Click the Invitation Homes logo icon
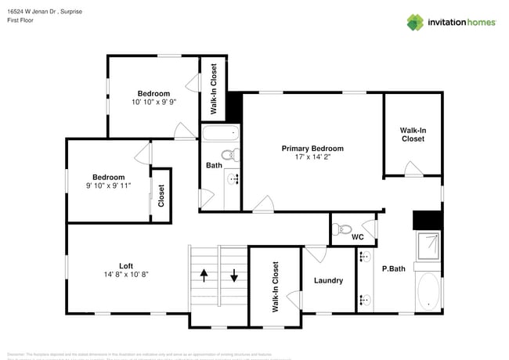[415, 22]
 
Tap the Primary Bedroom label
[312, 148]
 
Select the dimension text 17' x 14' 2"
[312, 157]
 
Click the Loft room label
[126, 265]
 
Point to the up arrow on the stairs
[205, 276]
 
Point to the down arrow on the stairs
[234, 276]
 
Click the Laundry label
[328, 280]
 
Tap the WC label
[357, 236]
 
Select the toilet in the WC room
[338, 230]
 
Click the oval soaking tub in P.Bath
[428, 292]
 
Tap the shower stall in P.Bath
[428, 247]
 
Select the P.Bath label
[393, 269]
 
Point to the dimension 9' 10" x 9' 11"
[108, 185]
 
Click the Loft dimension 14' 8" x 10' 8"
[126, 275]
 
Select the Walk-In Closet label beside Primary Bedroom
[412, 135]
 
